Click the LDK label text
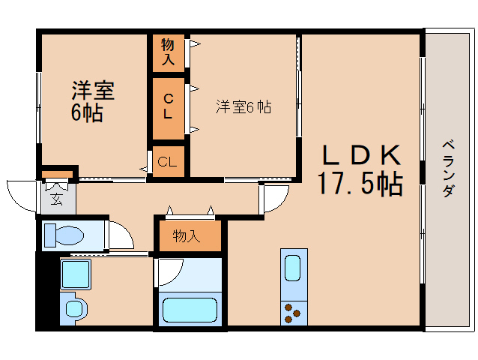click(x=362, y=156)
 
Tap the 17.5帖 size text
click(x=359, y=184)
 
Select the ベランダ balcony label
click(x=447, y=168)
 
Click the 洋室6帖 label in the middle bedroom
click(x=243, y=107)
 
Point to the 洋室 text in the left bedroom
click(x=93, y=91)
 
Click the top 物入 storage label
click(x=168, y=52)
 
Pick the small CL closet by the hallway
click(x=168, y=161)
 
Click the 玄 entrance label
click(x=57, y=199)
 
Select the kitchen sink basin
click(x=291, y=266)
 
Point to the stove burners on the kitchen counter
click(x=291, y=312)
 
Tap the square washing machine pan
click(x=75, y=274)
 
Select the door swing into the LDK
click(x=275, y=199)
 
